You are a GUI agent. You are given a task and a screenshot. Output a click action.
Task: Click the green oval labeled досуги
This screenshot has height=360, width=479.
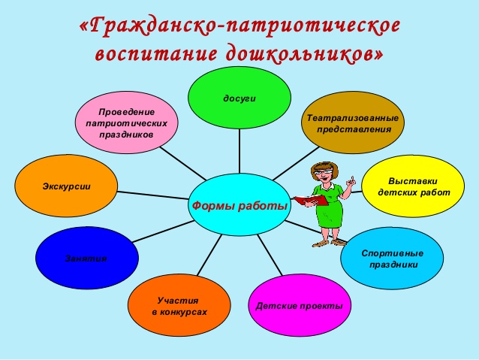239,98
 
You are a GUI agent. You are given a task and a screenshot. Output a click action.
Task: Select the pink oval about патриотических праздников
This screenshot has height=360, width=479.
126,123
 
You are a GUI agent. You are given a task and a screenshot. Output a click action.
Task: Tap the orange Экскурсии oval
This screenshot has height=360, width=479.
66,186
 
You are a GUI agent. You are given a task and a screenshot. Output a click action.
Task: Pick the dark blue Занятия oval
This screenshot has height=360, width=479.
87,258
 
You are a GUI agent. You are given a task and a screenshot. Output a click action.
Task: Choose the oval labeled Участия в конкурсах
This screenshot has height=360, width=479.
179,305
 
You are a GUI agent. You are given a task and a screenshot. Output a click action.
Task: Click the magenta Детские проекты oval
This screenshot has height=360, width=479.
300,305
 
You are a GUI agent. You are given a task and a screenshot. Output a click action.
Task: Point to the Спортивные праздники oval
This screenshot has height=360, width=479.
392,259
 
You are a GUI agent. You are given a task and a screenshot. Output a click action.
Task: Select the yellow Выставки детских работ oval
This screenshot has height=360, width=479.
413,186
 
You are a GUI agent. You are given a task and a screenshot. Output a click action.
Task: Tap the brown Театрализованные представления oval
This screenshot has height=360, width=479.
353,123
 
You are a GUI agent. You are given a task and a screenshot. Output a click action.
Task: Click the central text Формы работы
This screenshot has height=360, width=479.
239,205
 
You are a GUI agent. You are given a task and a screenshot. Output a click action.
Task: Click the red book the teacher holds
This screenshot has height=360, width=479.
311,200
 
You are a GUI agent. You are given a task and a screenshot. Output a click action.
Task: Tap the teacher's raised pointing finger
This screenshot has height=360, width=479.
352,180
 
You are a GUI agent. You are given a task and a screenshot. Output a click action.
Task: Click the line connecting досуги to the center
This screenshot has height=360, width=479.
239,151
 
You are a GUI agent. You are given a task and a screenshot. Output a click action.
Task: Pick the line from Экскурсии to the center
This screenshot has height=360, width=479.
153,195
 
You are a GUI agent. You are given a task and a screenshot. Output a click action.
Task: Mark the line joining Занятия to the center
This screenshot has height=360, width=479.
163,231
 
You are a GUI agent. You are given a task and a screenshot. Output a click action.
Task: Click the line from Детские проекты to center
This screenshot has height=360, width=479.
270,255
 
